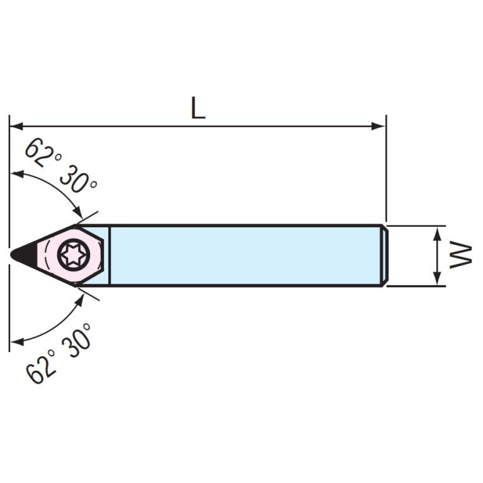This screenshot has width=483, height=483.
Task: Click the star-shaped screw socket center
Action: point(73,255)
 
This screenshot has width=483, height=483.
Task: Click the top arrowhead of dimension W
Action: point(437,234)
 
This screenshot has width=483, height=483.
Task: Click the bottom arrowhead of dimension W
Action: point(437,278)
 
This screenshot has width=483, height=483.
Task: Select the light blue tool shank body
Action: point(246,255)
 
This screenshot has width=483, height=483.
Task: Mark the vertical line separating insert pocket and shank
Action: point(110,255)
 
